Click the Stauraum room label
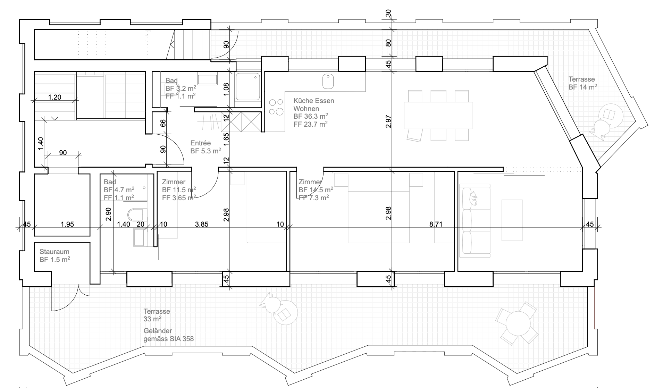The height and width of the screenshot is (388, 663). coord(54,252)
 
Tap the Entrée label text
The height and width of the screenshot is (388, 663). coord(200,143)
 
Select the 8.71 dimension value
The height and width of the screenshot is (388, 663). coord(436,224)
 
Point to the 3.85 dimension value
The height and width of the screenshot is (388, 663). coord(202,224)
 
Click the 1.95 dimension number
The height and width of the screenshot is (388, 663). coord(67,224)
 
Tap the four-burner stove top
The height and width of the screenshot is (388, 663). coord(276,107)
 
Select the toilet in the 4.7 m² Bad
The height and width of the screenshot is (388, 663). coord(136,213)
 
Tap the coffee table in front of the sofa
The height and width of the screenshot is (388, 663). coord(512,220)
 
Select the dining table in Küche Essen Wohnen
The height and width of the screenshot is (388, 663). coord(438,115)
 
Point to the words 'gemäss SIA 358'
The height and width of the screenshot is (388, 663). coord(169,339)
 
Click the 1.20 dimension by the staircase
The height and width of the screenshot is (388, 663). coord(54,97)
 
